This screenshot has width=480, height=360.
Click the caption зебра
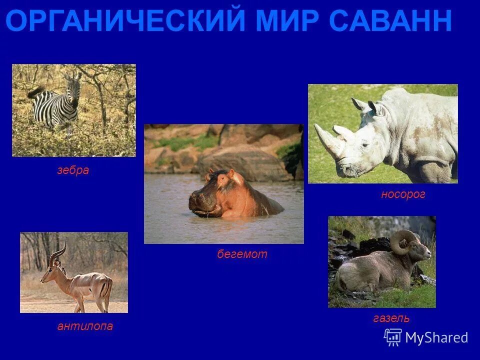(x=73, y=170)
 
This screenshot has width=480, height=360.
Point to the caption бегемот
(x=242, y=254)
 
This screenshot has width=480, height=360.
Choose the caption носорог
(x=403, y=194)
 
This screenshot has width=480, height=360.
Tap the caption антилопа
(x=85, y=326)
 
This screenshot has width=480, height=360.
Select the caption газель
(x=391, y=318)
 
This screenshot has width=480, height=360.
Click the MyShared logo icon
(x=393, y=337)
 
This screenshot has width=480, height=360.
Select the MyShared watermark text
(x=436, y=337)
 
